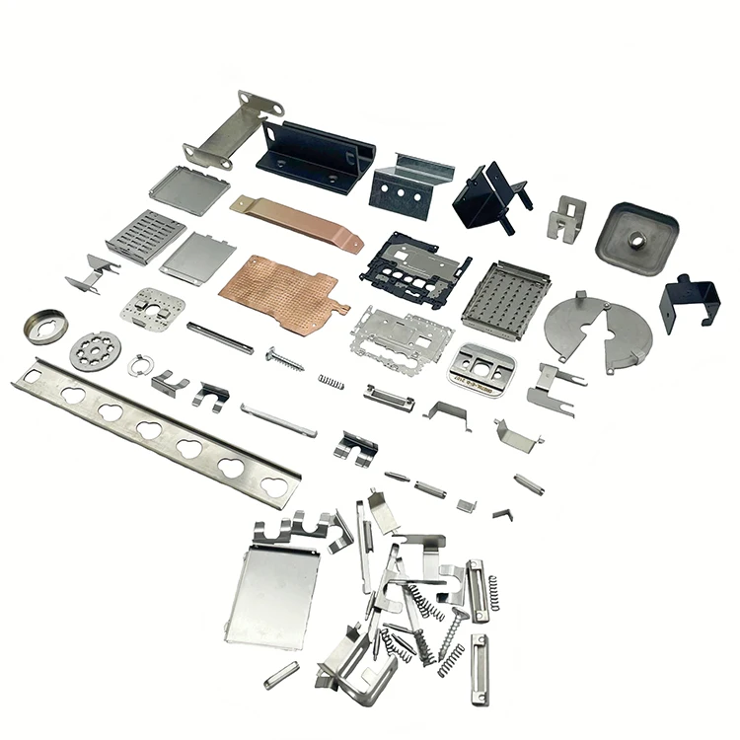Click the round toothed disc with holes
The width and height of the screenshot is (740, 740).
click(95, 349)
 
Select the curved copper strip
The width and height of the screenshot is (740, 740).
click(296, 223)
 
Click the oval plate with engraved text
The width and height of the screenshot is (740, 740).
click(483, 367)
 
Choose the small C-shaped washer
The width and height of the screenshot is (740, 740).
click(138, 364)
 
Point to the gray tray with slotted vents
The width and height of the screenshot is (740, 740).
click(144, 235)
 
